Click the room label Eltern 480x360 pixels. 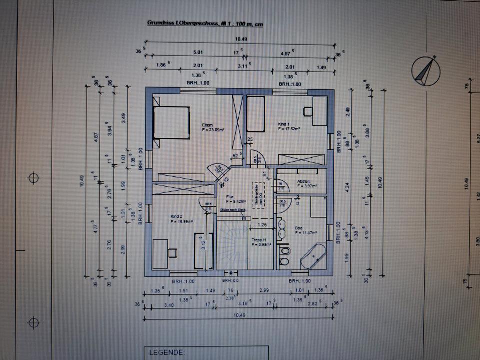(207, 125)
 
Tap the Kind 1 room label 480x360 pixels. (284, 123)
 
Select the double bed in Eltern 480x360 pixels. (172, 123)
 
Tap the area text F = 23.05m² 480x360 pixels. (213, 129)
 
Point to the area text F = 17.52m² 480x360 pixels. (289, 128)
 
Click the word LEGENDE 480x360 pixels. (165, 353)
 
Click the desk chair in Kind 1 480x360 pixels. (307, 112)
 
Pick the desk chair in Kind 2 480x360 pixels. (172, 252)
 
